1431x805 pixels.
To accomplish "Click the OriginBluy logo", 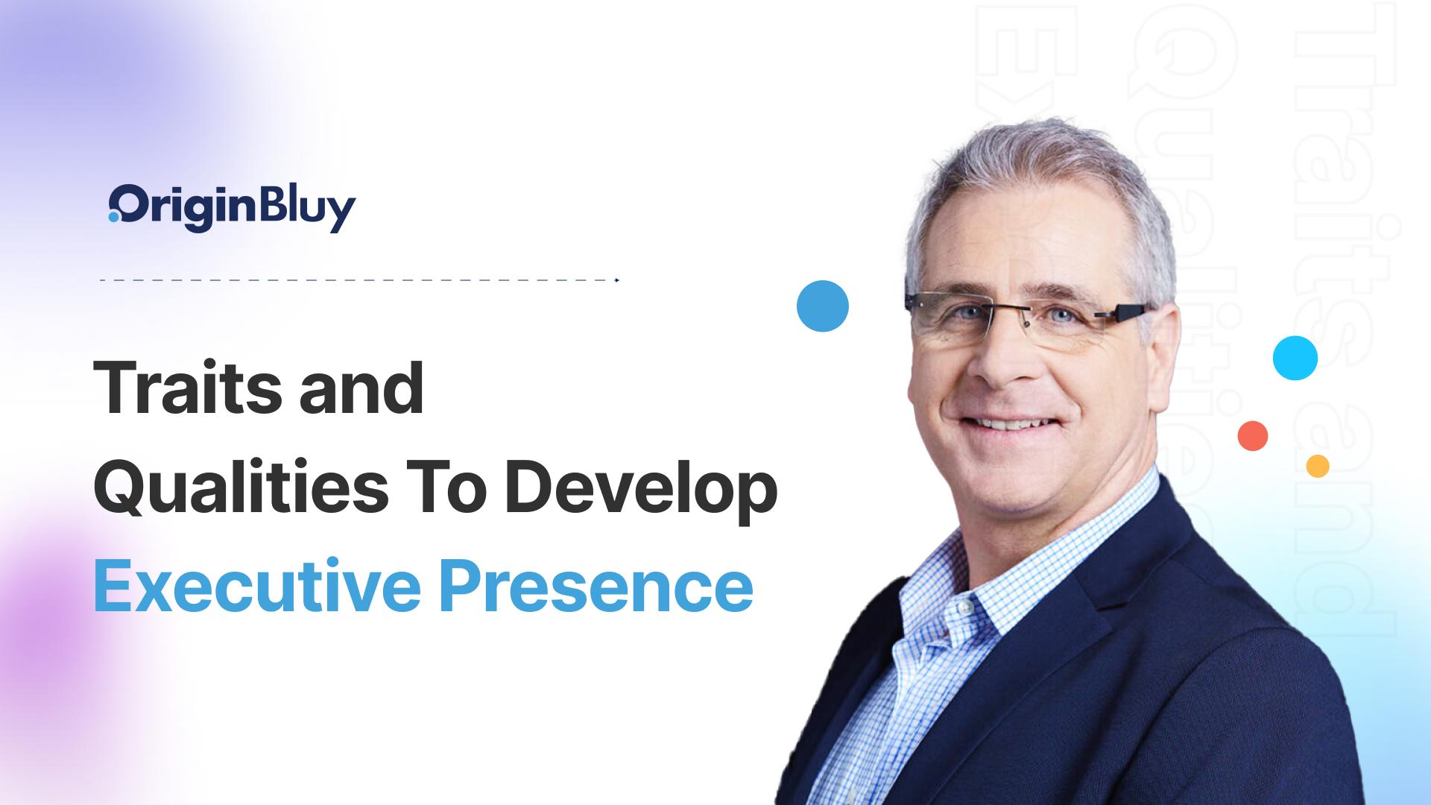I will [x=232, y=207].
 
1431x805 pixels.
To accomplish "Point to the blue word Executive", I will [x=253, y=586].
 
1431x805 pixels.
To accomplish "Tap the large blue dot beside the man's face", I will [x=822, y=306].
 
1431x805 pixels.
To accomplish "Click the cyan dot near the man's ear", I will [x=1295, y=358].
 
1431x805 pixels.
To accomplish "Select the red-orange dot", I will [x=1253, y=436].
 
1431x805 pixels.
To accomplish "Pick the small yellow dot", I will [x=1318, y=466].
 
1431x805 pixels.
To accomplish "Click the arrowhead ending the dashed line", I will [x=617, y=280].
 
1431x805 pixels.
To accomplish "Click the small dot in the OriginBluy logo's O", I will [x=113, y=218].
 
